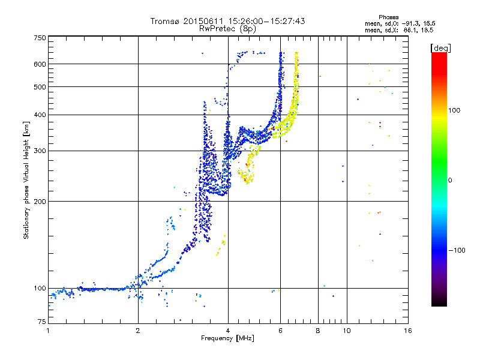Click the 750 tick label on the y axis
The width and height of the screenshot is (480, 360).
tap(40, 38)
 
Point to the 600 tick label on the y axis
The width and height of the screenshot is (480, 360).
tap(40, 64)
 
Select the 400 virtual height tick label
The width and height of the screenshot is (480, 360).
tap(40, 115)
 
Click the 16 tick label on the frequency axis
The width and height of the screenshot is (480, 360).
tap(408, 331)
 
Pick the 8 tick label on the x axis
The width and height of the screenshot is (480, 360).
tap(318, 331)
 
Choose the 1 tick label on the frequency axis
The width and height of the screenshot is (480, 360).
tap(48, 331)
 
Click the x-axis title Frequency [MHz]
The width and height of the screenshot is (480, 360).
tap(227, 338)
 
